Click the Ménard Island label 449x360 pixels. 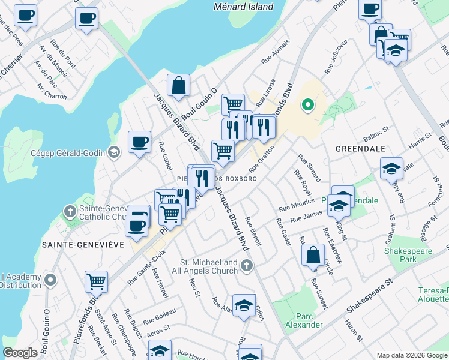pos(244,7)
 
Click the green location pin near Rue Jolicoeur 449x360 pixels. pos(308,106)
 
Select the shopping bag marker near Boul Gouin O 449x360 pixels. pos(179,86)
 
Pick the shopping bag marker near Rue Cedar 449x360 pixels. pos(313,254)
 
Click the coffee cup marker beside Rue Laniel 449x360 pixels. pos(139,143)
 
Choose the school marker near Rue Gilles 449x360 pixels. pos(244,305)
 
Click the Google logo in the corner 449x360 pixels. pos(20,353)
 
